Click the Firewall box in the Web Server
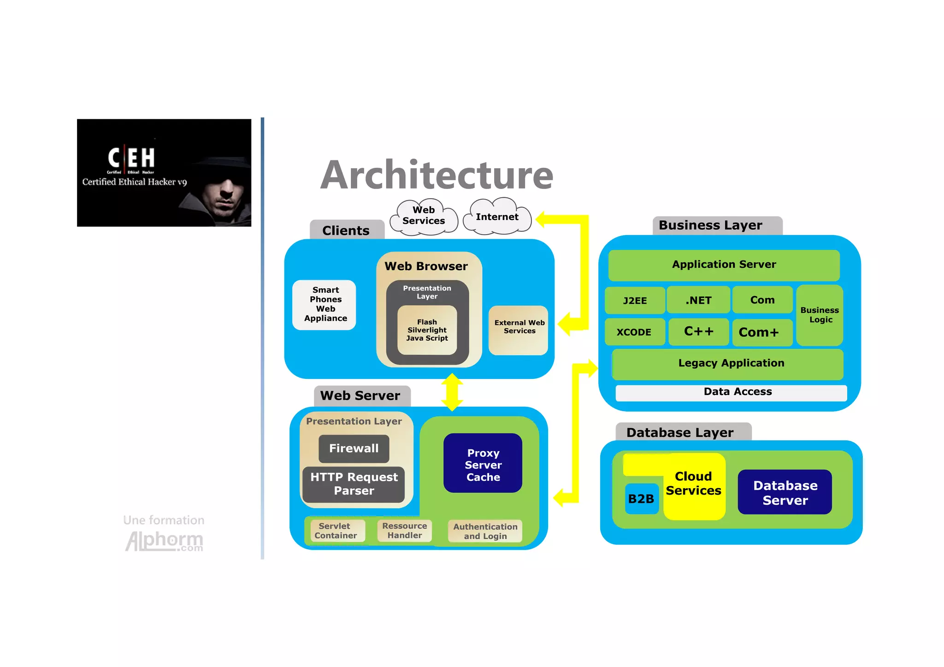tap(354, 449)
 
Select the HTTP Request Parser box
tap(354, 484)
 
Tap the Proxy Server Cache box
tap(483, 463)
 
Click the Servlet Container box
tap(336, 531)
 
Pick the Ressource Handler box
tap(404, 531)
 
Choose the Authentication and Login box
tap(485, 531)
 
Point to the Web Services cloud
tap(423, 216)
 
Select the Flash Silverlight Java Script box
tap(427, 330)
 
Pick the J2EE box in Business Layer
tap(635, 301)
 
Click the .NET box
tap(698, 300)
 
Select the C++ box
tap(698, 331)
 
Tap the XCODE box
tap(634, 332)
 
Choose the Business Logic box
tap(820, 315)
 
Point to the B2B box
tap(641, 498)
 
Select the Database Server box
tap(785, 492)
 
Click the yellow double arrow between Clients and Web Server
tap(452, 392)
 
